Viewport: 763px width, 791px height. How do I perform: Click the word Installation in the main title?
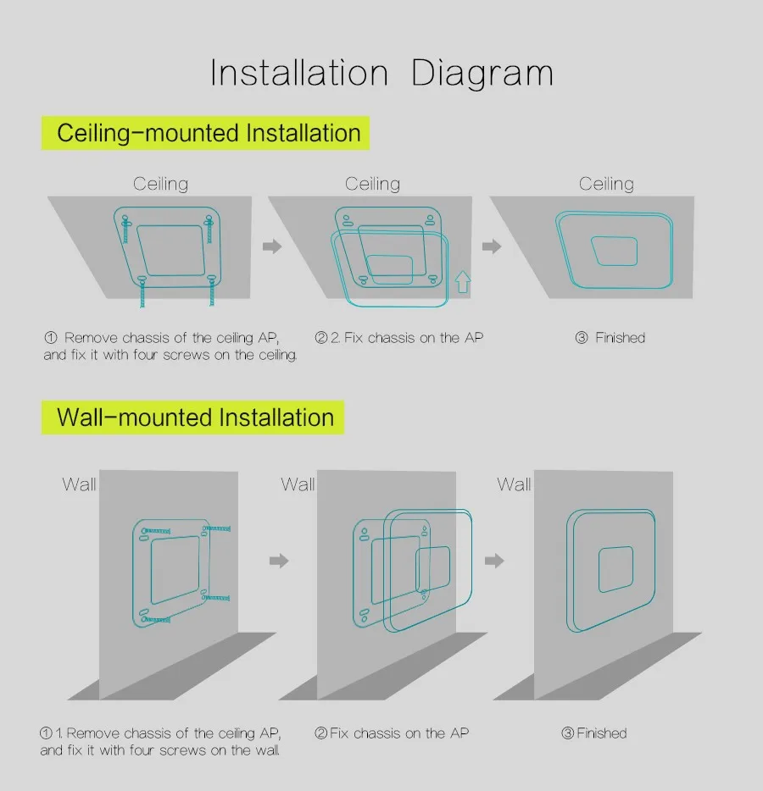[299, 73]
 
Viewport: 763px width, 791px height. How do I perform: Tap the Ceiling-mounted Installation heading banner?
[205, 133]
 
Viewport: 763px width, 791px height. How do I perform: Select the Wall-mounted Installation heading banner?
[192, 418]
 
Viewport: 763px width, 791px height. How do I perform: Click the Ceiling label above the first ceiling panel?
[160, 184]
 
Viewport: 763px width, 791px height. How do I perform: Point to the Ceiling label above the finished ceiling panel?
[606, 184]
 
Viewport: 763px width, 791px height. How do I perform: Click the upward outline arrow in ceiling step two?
[463, 282]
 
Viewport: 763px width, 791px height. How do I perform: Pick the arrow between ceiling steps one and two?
[272, 246]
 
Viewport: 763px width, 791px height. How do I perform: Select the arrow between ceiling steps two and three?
[492, 246]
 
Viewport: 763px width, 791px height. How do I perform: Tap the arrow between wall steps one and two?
[279, 561]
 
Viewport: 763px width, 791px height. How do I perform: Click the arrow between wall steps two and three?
[494, 561]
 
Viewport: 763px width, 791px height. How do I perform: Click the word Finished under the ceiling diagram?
[620, 337]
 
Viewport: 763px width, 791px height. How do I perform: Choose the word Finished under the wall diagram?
[601, 733]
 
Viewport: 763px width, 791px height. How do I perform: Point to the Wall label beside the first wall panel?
[79, 484]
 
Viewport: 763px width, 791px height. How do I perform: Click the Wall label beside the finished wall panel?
[514, 484]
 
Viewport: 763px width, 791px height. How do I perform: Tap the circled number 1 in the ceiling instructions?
[51, 337]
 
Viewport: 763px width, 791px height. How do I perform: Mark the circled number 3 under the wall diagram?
[567, 733]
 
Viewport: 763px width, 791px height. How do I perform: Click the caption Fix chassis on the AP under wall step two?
[399, 733]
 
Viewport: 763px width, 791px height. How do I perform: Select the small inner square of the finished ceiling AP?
[615, 251]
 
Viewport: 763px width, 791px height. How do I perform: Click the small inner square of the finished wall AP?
[615, 569]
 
